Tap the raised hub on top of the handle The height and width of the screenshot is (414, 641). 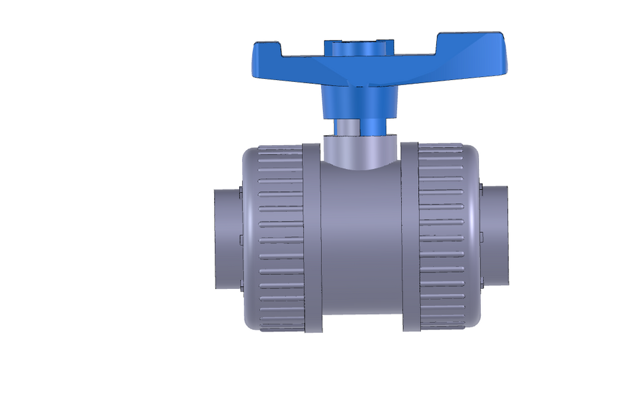point(359,48)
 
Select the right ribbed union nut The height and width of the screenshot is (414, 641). point(442,238)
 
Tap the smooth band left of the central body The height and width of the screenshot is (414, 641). point(312,238)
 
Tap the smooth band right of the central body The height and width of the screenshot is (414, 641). point(409,238)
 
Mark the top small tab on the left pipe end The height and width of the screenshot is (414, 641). point(240,192)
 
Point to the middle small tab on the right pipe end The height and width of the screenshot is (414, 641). point(481,236)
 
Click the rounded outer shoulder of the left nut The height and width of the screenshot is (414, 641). point(249,238)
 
